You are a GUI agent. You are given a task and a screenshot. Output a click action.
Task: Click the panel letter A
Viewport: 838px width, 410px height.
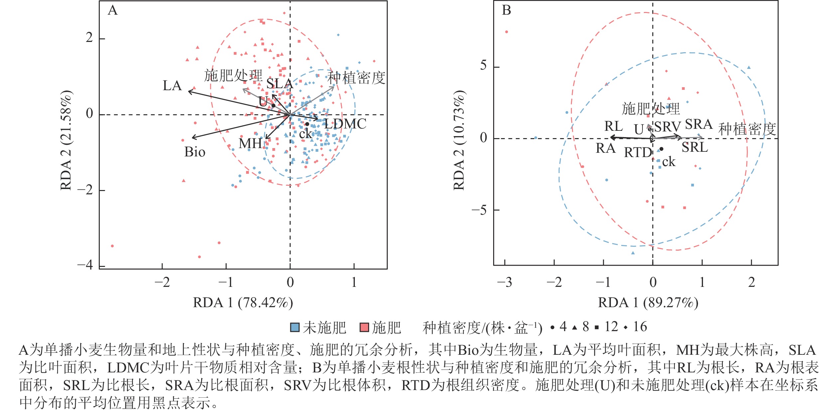pyautogui.click(x=113, y=10)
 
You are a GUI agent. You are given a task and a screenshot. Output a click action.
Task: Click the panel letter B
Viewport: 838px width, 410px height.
pyautogui.click(x=506, y=10)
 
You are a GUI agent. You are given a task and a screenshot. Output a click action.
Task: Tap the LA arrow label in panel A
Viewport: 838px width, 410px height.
pyautogui.click(x=172, y=86)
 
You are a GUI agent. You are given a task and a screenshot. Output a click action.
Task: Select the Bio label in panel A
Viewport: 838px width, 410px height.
pyautogui.click(x=195, y=152)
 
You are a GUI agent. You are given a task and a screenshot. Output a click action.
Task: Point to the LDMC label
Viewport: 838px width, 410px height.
pyautogui.click(x=345, y=124)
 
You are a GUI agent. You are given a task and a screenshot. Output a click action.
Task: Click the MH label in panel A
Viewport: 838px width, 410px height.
pyautogui.click(x=250, y=143)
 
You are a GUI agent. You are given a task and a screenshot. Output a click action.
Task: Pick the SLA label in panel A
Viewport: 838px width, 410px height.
pyautogui.click(x=279, y=84)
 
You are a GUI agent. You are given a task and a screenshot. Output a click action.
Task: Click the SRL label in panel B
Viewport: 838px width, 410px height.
pyautogui.click(x=695, y=147)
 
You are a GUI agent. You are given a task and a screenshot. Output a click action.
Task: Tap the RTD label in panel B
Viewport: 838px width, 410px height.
pyautogui.click(x=638, y=152)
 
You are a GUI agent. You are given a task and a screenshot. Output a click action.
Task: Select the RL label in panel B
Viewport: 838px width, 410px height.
pyautogui.click(x=614, y=126)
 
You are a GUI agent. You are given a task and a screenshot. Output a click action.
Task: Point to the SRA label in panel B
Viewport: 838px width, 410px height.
pyautogui.click(x=698, y=124)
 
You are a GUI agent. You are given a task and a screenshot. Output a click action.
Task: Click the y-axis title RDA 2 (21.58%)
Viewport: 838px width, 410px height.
pyautogui.click(x=66, y=140)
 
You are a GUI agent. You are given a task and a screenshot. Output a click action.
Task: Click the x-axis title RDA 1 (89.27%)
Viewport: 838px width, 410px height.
pyautogui.click(x=648, y=303)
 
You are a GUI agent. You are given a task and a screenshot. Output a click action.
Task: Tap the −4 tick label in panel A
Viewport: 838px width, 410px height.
pyautogui.click(x=85, y=265)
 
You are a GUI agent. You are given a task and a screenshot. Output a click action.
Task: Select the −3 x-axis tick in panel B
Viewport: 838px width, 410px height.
pyautogui.click(x=504, y=282)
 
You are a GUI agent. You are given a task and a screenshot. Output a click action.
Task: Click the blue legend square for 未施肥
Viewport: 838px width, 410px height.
pyautogui.click(x=295, y=327)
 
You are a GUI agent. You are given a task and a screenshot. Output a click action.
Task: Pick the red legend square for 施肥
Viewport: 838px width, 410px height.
pyautogui.click(x=364, y=327)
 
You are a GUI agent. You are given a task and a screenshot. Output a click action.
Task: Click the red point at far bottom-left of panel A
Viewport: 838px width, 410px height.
pyautogui.click(x=112, y=246)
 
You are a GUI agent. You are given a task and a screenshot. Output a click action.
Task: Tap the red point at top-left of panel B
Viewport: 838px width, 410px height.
pyautogui.click(x=506, y=32)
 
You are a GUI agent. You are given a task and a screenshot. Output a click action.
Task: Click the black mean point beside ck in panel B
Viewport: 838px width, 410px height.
pyautogui.click(x=661, y=149)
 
